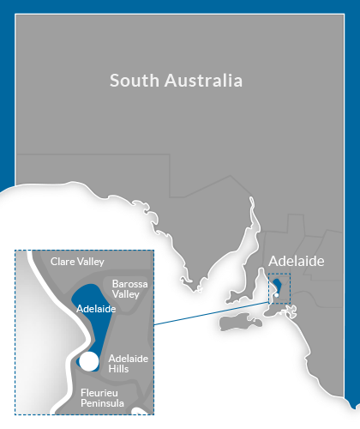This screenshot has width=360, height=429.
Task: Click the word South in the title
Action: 133,82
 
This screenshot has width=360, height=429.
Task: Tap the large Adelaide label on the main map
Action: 297,261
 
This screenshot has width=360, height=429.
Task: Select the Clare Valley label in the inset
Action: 77,261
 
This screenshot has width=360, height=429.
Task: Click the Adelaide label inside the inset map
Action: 95,308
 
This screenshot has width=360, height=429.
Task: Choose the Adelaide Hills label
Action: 129,362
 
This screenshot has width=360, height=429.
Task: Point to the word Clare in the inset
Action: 62,261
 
